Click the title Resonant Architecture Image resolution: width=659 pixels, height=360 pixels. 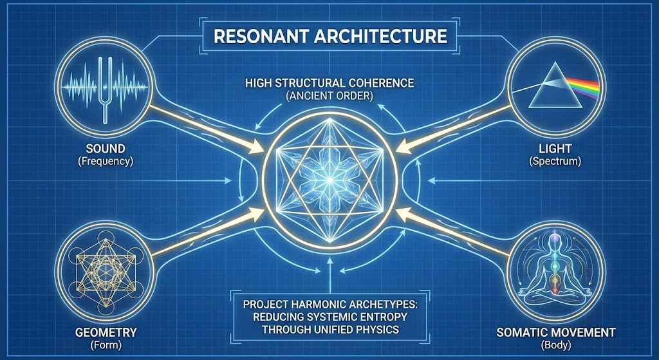[330, 36]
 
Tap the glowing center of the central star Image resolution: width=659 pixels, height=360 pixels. [329, 180]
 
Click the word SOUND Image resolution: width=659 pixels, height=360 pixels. [106, 149]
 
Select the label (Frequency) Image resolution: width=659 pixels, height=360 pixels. [106, 161]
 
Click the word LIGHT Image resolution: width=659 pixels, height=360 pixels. [555, 149]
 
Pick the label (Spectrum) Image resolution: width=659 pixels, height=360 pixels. [555, 161]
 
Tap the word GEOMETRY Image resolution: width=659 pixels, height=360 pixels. [106, 332]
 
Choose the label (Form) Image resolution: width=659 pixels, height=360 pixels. [106, 345]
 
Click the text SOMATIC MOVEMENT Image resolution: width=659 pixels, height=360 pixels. [556, 332]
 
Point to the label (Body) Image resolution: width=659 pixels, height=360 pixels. [556, 345]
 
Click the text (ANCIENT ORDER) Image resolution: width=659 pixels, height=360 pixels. [329, 95]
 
